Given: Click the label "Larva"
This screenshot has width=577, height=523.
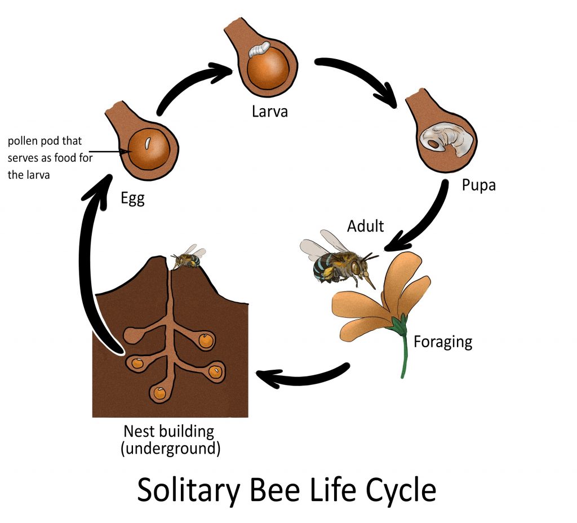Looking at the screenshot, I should click(269, 110).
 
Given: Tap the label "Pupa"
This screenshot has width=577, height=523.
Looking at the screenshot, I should click(478, 184).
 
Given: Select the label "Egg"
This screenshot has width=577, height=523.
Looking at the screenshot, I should click(132, 198).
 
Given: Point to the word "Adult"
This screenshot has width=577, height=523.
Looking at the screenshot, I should click(365, 226).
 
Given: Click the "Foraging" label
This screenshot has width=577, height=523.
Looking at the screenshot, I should click(443, 342).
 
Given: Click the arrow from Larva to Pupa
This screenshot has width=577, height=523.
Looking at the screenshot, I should click(361, 76).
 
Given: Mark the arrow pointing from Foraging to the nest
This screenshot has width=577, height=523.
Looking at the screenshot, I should click(304, 376).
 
